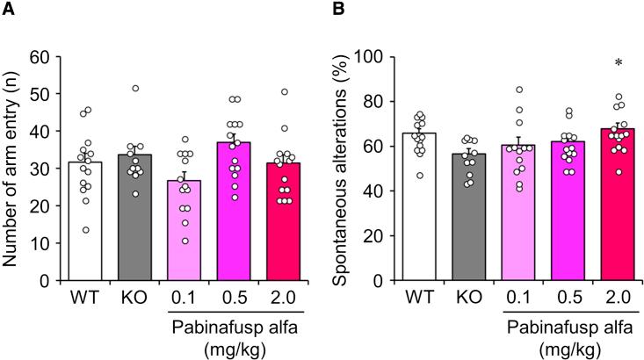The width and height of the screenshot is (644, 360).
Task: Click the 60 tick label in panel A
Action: pos(39,57)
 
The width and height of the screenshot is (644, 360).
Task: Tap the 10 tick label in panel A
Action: pos(39,244)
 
